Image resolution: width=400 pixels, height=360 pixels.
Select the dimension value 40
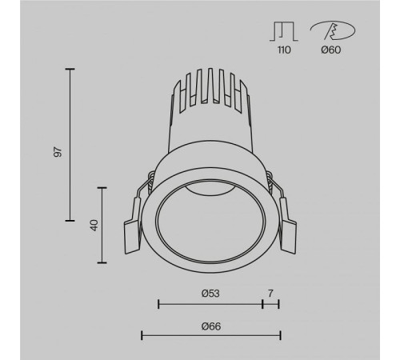[94, 226]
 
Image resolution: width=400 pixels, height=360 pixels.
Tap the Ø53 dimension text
[210, 294]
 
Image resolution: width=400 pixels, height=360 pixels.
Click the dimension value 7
[271, 294]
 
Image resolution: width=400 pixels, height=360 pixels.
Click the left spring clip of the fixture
[133, 232]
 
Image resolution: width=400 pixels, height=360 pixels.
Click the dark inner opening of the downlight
[210, 220]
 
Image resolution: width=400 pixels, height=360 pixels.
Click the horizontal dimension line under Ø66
[210, 335]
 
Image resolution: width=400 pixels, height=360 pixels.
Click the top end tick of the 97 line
[70, 70]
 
